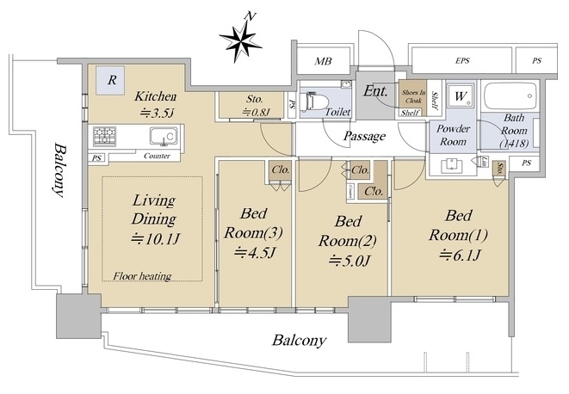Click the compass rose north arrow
[x=240, y=37]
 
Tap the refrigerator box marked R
[x=110, y=83]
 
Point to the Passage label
[x=363, y=136]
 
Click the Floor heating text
[x=142, y=276]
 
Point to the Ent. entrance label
[x=375, y=91]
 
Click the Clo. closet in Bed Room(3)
[x=280, y=169]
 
